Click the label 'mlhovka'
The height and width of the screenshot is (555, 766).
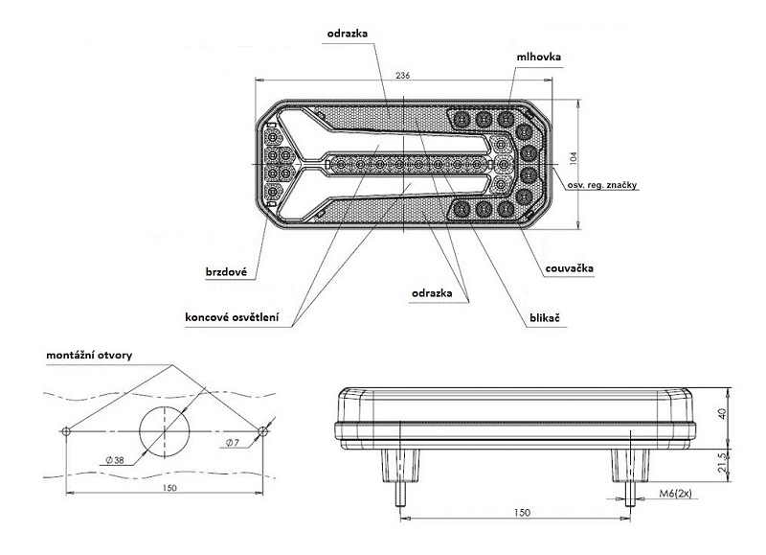click(x=538, y=58)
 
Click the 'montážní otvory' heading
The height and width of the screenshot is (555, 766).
click(x=90, y=355)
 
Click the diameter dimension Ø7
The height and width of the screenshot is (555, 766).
click(x=233, y=443)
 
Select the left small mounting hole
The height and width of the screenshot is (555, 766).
click(x=65, y=429)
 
